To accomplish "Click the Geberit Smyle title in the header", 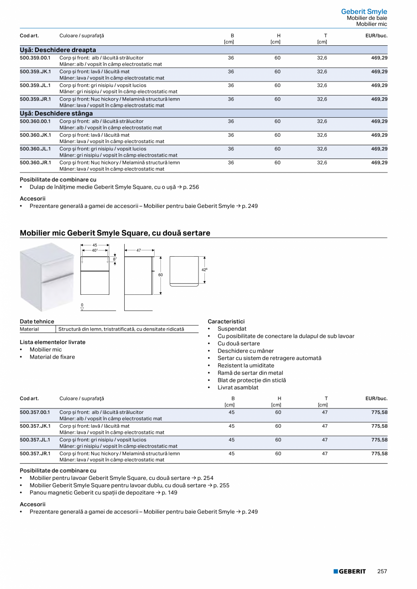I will pyautogui.click(x=364, y=12).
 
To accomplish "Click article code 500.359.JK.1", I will pyautogui.click(x=35, y=72).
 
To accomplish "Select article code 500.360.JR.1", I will pyautogui.click(x=35, y=163).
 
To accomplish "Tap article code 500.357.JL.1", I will pyautogui.click(x=35, y=440).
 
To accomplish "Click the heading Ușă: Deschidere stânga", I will pyautogui.click(x=56, y=113).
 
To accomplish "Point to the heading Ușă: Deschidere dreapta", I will pyautogui.click(x=58, y=50).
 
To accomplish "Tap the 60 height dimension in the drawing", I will pyautogui.click(x=160, y=275).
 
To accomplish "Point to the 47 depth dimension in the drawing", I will pyautogui.click(x=139, y=250).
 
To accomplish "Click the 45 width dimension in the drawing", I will pyautogui.click(x=95, y=245).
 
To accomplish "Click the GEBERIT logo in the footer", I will pyautogui.click(x=349, y=571).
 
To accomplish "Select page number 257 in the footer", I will pyautogui.click(x=382, y=571).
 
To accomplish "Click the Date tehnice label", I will pyautogui.click(x=37, y=321).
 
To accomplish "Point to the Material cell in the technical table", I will pyautogui.click(x=29, y=329).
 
